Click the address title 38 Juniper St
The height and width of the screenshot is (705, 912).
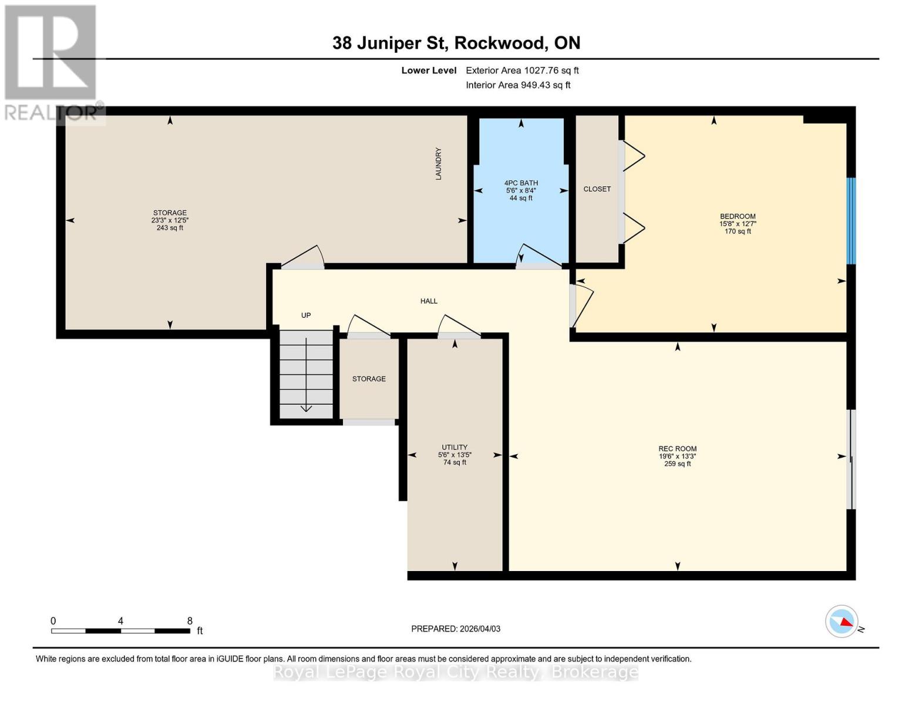coord(456,43)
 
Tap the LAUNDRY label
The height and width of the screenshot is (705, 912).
coord(438,163)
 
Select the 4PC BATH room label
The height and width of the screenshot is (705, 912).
coord(521,183)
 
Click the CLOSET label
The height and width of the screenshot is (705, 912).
coord(597,189)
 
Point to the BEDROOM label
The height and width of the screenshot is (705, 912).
coord(738,216)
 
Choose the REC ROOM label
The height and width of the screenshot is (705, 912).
coord(677,449)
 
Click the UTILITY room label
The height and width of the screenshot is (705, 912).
coord(455,447)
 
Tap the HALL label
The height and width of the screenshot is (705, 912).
coord(429,301)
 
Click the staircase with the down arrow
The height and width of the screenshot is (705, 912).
coord(306,374)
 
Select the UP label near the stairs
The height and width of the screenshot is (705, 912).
coord(306,315)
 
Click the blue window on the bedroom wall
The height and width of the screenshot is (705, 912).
coord(851,221)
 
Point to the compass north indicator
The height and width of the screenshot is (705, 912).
coord(842,622)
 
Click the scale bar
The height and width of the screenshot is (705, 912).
coord(120,631)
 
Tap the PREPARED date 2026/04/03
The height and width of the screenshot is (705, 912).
coord(456,629)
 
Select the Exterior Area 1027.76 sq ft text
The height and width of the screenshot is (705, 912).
coord(522,70)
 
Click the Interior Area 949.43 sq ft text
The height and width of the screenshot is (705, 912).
coord(518,85)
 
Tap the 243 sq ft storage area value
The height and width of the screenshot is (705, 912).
coord(170,228)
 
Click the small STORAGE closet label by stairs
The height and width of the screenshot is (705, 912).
coord(369,379)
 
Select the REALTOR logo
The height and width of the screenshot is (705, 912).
coord(52,62)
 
